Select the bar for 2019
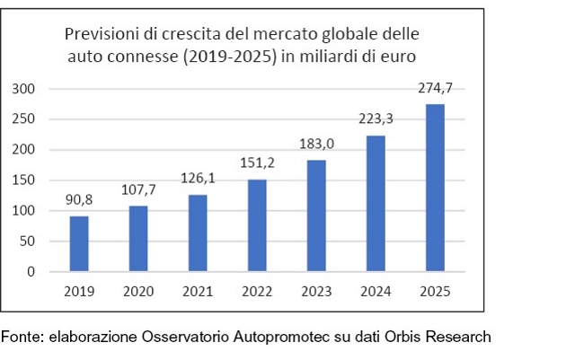pos(79,243)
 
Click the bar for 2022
pos(257,225)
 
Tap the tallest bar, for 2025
pos(435,188)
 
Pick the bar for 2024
pos(376,204)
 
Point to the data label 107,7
pos(138,192)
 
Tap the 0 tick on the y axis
pos(31,272)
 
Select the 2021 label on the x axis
pos(198,291)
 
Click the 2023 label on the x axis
pos(316,291)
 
